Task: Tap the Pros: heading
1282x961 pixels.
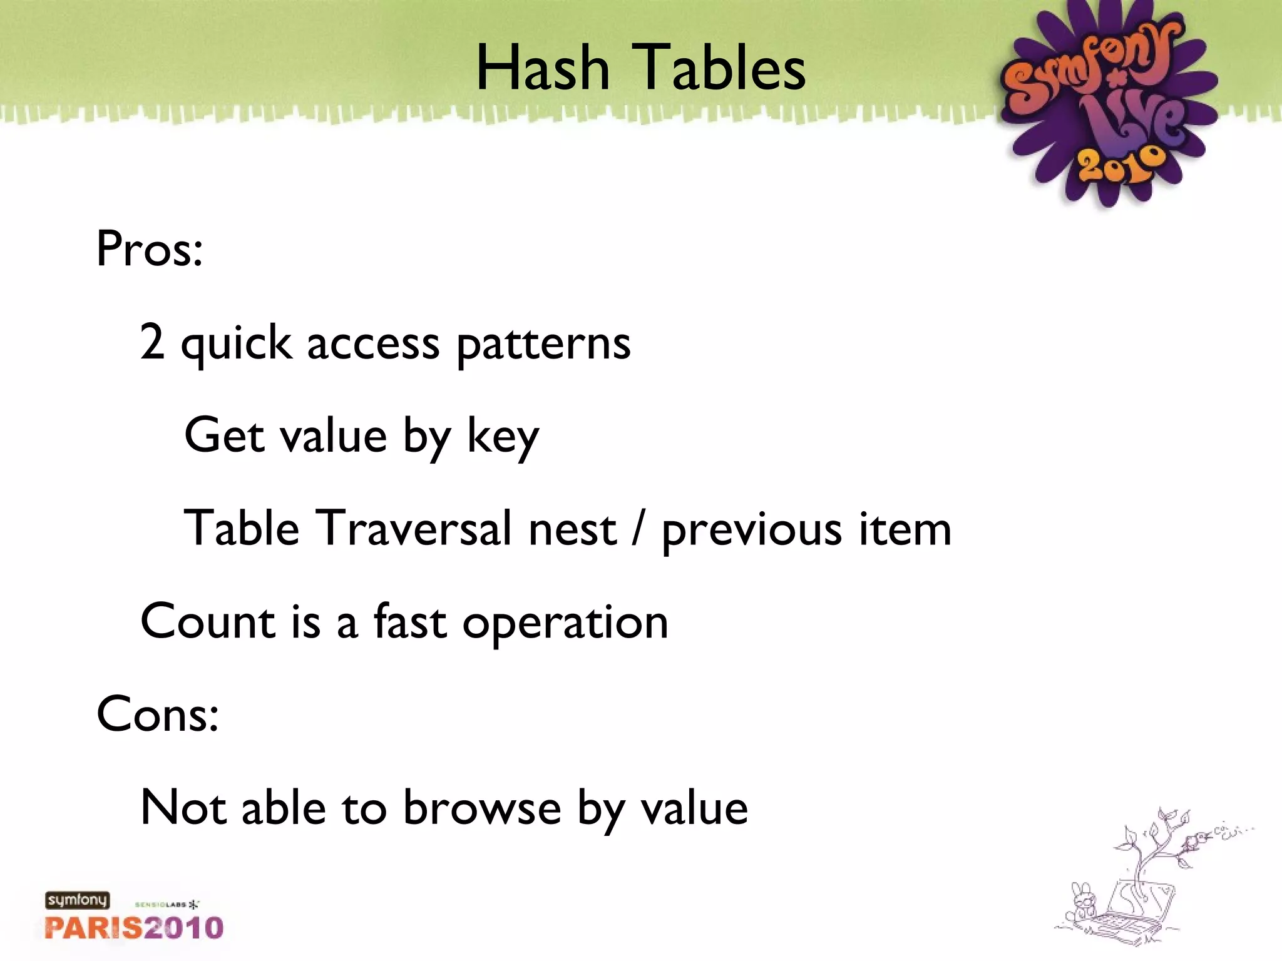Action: point(150,248)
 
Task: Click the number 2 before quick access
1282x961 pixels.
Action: point(152,342)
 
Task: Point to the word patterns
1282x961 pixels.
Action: point(543,345)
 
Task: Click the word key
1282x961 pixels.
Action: point(503,437)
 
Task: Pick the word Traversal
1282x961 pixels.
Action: point(413,528)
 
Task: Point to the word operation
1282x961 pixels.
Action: point(565,624)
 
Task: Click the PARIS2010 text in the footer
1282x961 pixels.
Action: point(134,928)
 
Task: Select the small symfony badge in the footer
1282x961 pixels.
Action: point(77,900)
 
